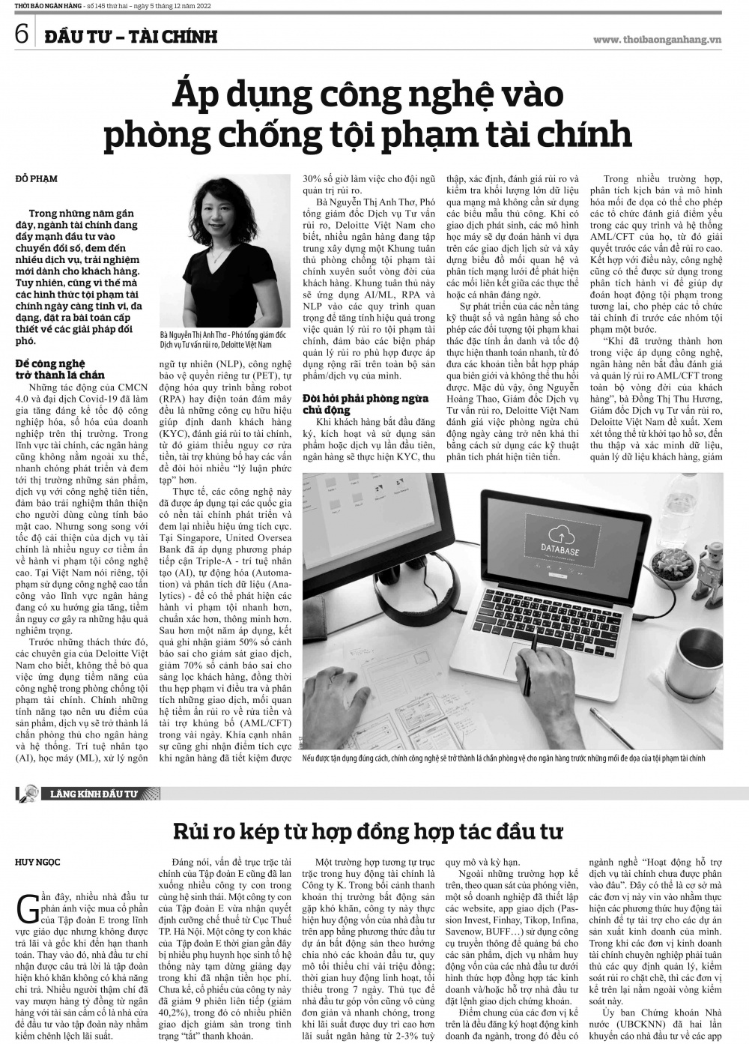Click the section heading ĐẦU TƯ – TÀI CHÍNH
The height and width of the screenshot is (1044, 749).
pyautogui.click(x=130, y=36)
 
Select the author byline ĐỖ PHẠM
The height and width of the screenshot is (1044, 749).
pyautogui.click(x=36, y=178)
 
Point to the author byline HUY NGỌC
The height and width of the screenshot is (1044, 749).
pyautogui.click(x=37, y=862)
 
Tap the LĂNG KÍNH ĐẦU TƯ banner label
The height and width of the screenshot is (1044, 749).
pyautogui.click(x=96, y=793)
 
